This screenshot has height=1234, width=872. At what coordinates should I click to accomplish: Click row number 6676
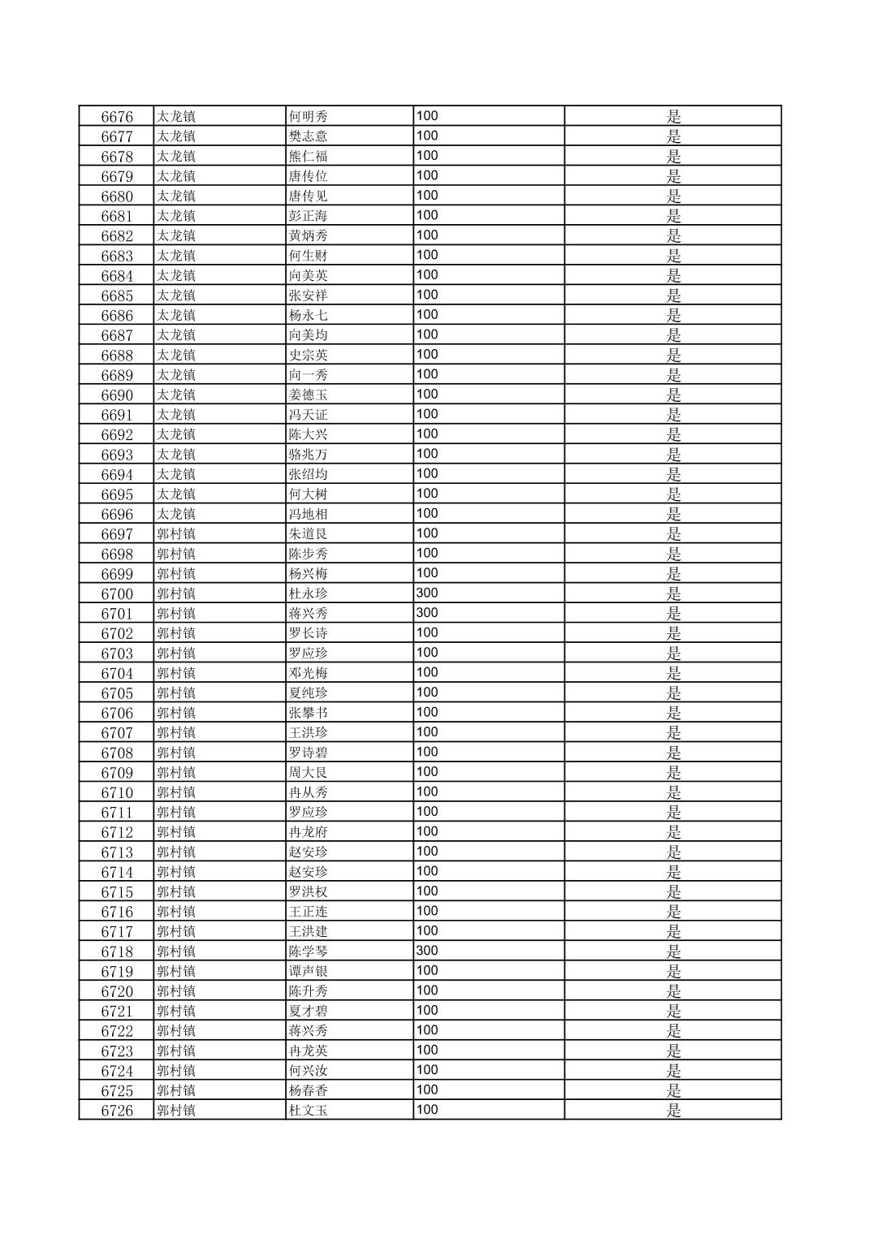click(x=117, y=117)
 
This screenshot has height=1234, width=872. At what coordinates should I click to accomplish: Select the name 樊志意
click(x=309, y=136)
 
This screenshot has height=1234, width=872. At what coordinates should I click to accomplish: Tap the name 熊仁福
click(x=309, y=157)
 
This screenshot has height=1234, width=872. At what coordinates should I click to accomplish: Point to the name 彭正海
click(x=309, y=216)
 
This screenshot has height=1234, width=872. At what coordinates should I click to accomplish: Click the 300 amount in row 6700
click(x=427, y=593)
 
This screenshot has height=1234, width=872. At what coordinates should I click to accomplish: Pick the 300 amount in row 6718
click(x=427, y=951)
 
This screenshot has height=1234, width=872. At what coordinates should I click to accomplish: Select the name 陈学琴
click(x=309, y=951)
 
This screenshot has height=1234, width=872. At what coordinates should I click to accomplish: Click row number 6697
click(x=117, y=534)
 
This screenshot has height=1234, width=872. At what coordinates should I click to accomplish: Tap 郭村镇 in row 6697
click(x=176, y=534)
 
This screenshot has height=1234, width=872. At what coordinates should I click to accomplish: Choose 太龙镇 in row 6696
click(x=176, y=514)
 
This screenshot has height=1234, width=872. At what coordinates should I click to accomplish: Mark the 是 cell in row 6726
click(x=673, y=1111)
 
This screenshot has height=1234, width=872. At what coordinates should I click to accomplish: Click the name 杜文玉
click(x=309, y=1111)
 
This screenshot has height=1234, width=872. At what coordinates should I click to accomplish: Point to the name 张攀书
click(x=309, y=713)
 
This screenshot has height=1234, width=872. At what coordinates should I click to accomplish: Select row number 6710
click(x=117, y=792)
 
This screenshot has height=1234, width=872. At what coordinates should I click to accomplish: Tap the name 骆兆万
click(x=309, y=455)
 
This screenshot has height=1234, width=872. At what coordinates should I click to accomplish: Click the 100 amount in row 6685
click(x=427, y=296)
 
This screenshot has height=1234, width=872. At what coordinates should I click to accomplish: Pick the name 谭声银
click(x=309, y=971)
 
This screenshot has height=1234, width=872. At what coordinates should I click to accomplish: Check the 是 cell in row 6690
click(x=673, y=395)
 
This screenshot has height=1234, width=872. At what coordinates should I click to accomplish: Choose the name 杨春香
click(x=309, y=1090)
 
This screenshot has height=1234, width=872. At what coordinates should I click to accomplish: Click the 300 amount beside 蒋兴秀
click(x=427, y=613)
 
